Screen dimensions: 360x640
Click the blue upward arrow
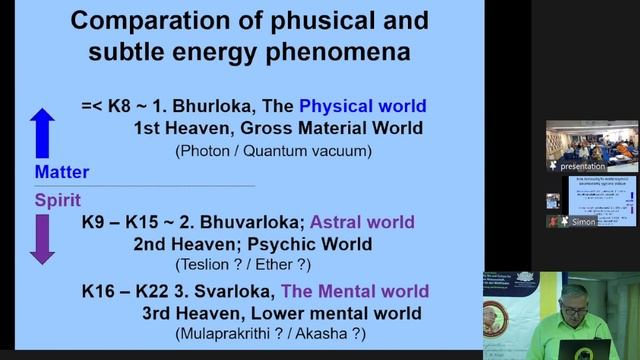point(42,133)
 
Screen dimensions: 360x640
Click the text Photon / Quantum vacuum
point(274,151)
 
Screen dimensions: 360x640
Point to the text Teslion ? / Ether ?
point(243,265)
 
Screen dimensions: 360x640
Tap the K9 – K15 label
point(125,221)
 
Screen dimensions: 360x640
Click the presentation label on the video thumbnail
point(584,166)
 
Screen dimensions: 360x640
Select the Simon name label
point(583,222)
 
